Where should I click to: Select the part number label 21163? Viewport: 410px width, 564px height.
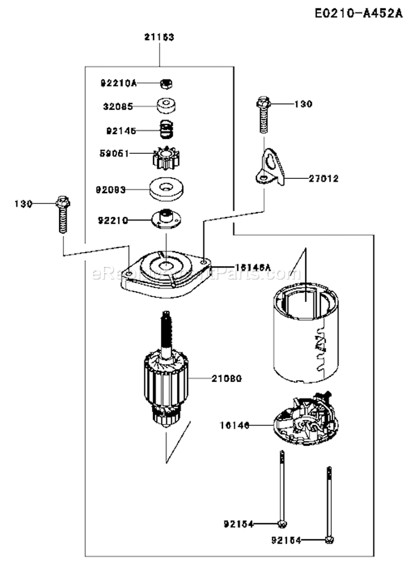pos(159,37)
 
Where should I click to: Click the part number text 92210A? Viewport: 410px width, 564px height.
pos(118,83)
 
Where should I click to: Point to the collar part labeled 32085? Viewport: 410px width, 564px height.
pos(163,105)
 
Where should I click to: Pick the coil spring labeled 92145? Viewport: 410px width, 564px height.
pos(164,130)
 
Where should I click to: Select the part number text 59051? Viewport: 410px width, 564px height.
pos(115,154)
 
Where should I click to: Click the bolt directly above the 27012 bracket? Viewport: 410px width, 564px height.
pos(263,114)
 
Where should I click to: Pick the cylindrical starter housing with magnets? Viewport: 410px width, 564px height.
pos(306,334)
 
